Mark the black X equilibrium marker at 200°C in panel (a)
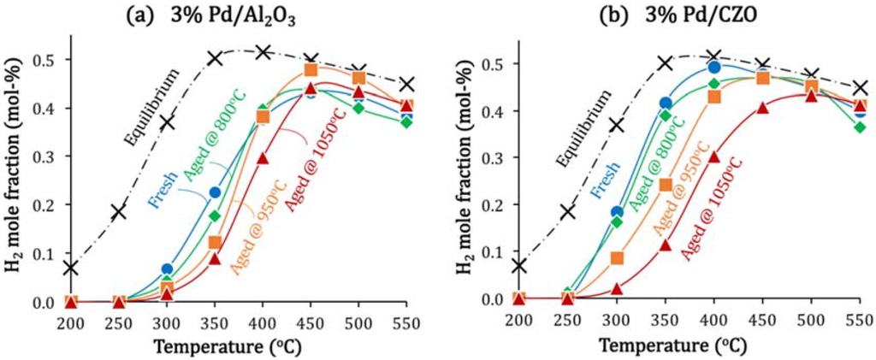[x=70, y=269]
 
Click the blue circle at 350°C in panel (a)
[x=216, y=192]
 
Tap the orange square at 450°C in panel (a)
[x=311, y=69]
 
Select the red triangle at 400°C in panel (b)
[x=713, y=156]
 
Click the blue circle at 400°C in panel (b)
[x=714, y=67]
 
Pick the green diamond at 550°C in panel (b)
[x=860, y=127]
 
